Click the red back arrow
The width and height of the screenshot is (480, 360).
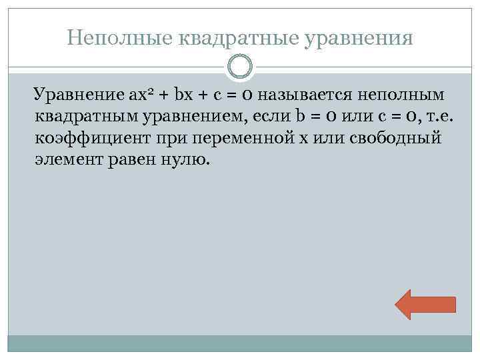[x=425, y=305]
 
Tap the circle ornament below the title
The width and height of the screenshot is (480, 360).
[x=239, y=67]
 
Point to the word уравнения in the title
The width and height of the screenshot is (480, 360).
[x=358, y=37]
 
